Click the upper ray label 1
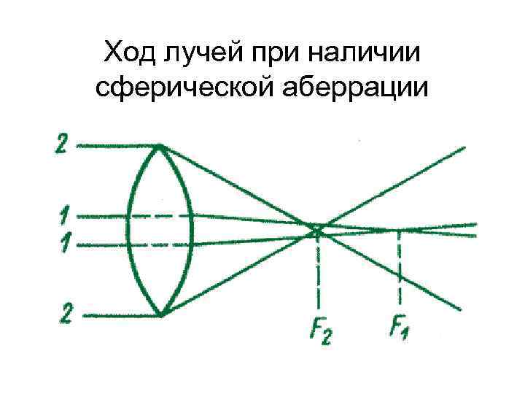point(63,217)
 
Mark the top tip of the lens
point(160,145)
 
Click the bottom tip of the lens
point(161,315)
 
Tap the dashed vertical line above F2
point(319,270)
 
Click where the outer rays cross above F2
point(318,229)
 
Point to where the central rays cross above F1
point(399,230)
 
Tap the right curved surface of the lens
point(192,230)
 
